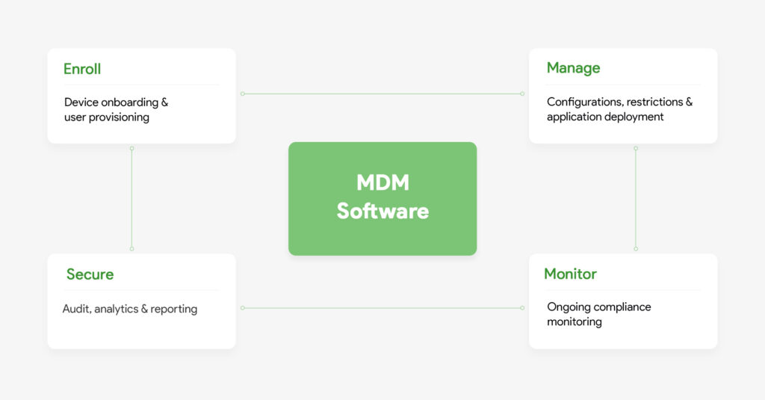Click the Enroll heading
tap(82, 70)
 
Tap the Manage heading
tap(573, 68)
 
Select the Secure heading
tap(90, 274)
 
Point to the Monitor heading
tap(570, 274)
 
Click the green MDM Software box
tap(382, 232)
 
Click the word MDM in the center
tap(382, 183)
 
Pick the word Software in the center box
tap(382, 211)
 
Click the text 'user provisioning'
tap(107, 117)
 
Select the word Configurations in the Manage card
tap(584, 102)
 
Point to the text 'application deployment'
tap(605, 117)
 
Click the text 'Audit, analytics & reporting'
tap(130, 309)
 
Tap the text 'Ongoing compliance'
tap(598, 307)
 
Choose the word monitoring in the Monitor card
tap(574, 322)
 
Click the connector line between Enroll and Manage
tap(382, 94)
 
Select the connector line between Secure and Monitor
tap(382, 308)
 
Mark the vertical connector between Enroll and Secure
tap(131, 198)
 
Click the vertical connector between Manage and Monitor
tap(636, 198)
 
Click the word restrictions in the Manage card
tap(655, 102)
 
